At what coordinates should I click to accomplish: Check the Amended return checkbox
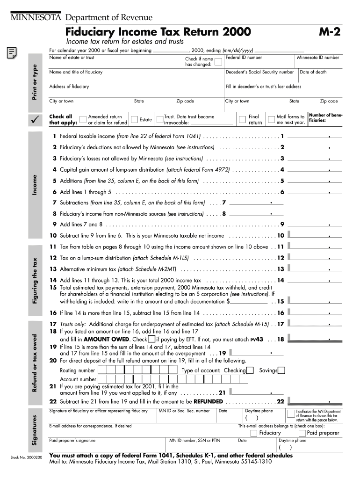(x=83, y=119)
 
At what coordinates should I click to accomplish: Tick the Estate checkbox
(x=134, y=119)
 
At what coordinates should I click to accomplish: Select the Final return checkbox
(x=243, y=119)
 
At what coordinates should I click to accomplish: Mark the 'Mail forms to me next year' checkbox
(x=271, y=119)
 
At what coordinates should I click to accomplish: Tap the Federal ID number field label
(x=244, y=58)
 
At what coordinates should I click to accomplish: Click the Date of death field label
(x=313, y=72)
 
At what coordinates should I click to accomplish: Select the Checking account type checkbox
(x=250, y=370)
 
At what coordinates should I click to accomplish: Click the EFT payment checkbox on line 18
(x=151, y=339)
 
